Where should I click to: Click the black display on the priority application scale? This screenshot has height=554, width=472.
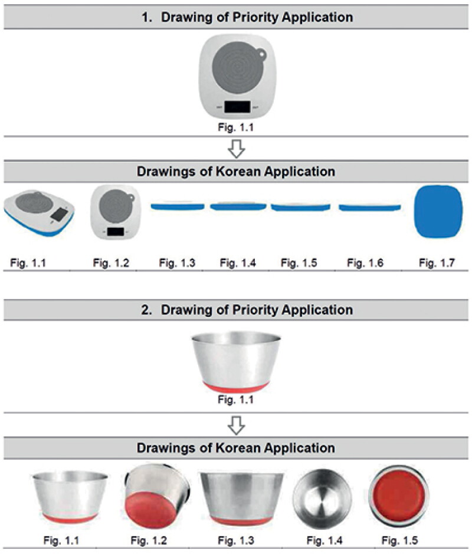pos(237,107)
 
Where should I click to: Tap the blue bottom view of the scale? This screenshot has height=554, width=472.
pos(438,211)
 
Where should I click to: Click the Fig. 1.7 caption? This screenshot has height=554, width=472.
pos(437,263)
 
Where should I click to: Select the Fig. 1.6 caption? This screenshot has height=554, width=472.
pos(365,263)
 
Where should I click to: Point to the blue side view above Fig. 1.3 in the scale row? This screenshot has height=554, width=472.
pos(178,206)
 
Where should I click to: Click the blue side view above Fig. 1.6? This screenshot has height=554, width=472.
pos(370,208)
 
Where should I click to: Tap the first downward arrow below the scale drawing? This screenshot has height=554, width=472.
pos(237,149)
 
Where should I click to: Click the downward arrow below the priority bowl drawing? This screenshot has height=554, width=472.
pos(237,425)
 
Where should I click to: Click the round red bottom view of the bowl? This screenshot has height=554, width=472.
pos(399,496)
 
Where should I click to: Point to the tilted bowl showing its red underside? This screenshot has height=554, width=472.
pos(156,496)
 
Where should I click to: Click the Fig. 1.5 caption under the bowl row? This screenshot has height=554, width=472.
pos(399,540)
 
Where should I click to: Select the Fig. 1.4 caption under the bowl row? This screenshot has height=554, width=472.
pos(324,540)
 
